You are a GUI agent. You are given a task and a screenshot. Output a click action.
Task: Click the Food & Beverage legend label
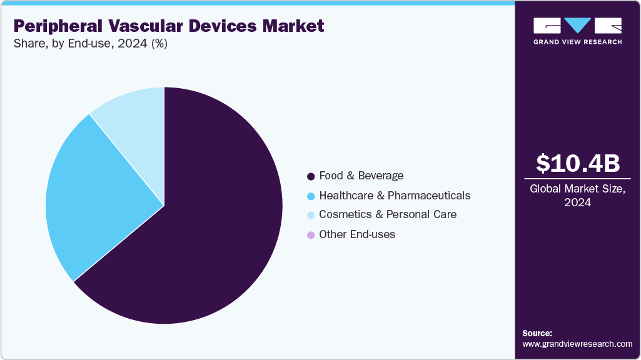coord(361,176)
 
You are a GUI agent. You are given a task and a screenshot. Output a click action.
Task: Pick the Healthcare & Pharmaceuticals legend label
coord(395,196)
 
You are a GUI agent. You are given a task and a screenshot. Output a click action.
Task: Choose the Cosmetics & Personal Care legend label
coord(388,214)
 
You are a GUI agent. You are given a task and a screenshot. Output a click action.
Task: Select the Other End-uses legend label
coord(357,234)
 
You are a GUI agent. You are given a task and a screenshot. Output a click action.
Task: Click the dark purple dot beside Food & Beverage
coord(311,176)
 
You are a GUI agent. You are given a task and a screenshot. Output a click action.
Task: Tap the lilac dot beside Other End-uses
coord(311,235)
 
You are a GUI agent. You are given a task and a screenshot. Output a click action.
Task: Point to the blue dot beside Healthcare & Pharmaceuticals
coord(311,196)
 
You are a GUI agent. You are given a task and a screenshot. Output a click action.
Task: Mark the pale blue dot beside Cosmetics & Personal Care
coord(311,215)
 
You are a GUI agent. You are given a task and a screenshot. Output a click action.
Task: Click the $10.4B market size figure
coord(578,164)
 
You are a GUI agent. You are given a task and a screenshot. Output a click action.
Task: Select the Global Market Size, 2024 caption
coord(578,196)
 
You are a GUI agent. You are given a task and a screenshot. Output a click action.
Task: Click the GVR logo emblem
coord(578,26)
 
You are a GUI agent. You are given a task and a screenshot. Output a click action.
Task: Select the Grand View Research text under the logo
coord(578,42)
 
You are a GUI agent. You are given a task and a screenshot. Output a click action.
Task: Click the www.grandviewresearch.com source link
coord(577,344)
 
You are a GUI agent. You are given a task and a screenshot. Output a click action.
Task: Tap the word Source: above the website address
coord(537,333)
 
